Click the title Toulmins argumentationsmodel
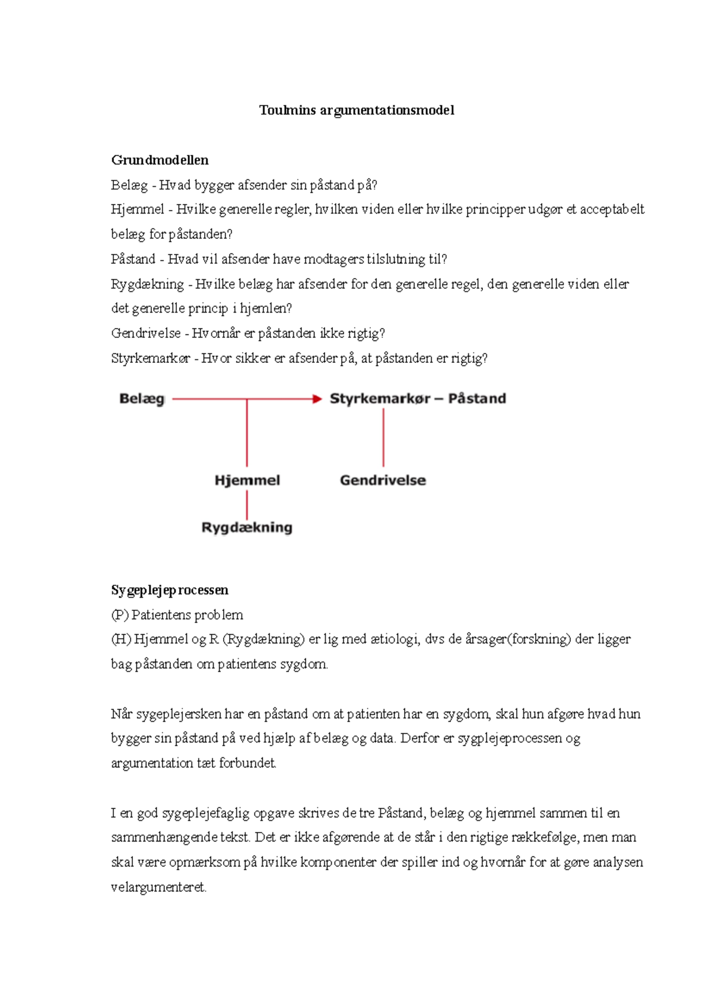coord(357,110)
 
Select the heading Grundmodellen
coord(160,160)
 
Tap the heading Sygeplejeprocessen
coord(170,590)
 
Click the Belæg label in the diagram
coord(142,399)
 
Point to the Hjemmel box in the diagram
coord(247,480)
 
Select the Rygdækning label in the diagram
coord(247,527)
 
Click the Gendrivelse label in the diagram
coord(383,480)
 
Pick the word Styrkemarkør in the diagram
coord(380,399)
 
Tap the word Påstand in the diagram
coord(477,399)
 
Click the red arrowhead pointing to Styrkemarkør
coord(317,399)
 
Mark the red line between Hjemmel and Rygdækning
coord(247,505)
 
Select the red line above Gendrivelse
coord(383,438)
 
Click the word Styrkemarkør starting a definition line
coord(151,358)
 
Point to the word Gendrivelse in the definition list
coord(145,333)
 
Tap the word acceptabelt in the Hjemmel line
coord(612,209)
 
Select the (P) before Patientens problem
coord(120,615)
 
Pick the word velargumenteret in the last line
coord(158,888)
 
